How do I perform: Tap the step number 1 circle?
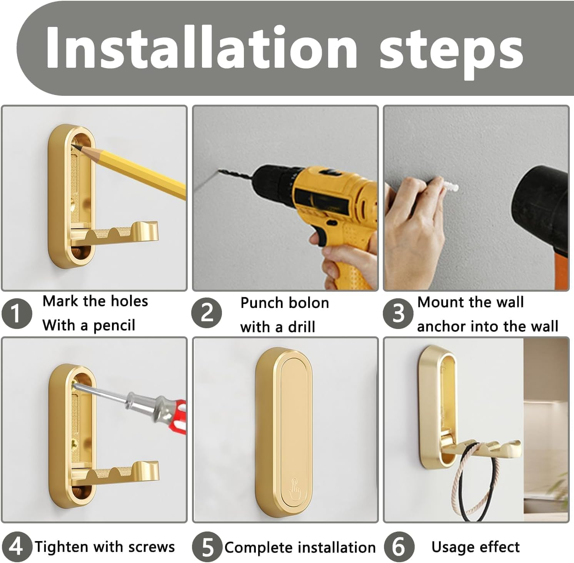(x=16, y=314)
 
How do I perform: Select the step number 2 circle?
(x=207, y=313)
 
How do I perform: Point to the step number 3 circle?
(x=398, y=313)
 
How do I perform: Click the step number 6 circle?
(x=399, y=547)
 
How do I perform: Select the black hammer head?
(x=546, y=216)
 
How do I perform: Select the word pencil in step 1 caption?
(x=114, y=326)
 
